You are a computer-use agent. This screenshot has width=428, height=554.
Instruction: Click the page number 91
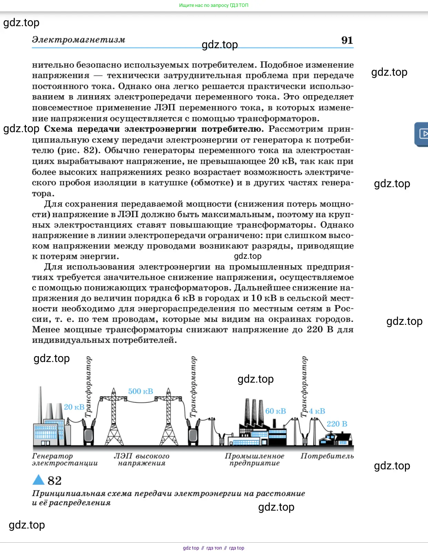pyautogui.click(x=347, y=40)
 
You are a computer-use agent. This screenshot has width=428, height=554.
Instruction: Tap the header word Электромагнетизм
pyautogui.click(x=79, y=40)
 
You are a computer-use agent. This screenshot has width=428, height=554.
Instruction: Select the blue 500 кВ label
pyautogui.click(x=141, y=391)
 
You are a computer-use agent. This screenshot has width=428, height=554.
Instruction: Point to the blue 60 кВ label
pyautogui.click(x=276, y=411)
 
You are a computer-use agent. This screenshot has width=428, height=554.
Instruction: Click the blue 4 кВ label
pyautogui.click(x=317, y=411)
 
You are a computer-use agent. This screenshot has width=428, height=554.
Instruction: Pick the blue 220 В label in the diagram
pyautogui.click(x=337, y=424)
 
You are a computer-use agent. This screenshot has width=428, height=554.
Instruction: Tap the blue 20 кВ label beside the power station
pyautogui.click(x=74, y=407)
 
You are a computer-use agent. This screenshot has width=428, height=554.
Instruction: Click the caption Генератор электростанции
pyautogui.click(x=64, y=460)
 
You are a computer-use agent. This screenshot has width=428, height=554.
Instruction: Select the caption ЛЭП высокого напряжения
pyautogui.click(x=142, y=460)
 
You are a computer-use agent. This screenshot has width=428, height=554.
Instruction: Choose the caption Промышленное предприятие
pyautogui.click(x=254, y=460)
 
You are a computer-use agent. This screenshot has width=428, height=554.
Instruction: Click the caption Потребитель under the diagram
pyautogui.click(x=327, y=456)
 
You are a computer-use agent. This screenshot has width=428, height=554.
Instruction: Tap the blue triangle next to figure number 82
pyautogui.click(x=39, y=480)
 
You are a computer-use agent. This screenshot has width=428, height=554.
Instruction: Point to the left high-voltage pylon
pyautogui.click(x=114, y=418)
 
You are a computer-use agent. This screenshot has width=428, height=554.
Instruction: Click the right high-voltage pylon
pyautogui.click(x=169, y=418)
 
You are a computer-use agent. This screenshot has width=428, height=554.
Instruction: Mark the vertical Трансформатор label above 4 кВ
pyautogui.click(x=304, y=386)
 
